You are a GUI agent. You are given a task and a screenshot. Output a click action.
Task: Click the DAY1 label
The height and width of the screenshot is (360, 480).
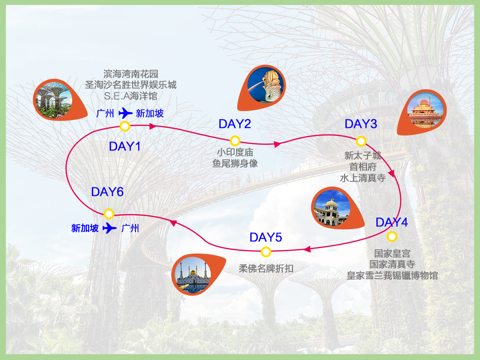(x=125, y=146)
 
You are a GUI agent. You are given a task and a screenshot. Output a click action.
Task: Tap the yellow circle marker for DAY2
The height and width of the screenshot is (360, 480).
(x=235, y=141)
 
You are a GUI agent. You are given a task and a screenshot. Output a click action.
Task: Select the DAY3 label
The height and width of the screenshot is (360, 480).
(x=360, y=124)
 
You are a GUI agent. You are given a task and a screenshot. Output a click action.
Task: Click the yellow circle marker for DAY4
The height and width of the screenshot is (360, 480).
(x=392, y=236)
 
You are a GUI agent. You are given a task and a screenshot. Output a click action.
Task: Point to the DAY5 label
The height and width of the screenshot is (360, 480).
(x=266, y=237)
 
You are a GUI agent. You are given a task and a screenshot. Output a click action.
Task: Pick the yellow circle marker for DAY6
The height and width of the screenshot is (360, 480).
(x=109, y=214)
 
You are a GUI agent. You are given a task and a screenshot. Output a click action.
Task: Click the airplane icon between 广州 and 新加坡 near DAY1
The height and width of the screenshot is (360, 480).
(x=126, y=113)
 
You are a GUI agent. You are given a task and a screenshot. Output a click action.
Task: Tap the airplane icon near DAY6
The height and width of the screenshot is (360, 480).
(x=110, y=228)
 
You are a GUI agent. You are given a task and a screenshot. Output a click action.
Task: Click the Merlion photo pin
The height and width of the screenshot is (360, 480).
(x=262, y=88)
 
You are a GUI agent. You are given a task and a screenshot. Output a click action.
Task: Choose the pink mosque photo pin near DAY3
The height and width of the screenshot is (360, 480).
(x=422, y=112)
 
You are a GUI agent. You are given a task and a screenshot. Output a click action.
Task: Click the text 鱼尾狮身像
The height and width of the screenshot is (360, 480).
(x=235, y=164)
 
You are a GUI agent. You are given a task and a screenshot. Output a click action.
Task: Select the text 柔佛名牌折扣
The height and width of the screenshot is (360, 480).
(x=266, y=269)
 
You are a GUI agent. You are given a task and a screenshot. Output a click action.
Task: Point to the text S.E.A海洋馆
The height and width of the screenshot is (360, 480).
(x=131, y=96)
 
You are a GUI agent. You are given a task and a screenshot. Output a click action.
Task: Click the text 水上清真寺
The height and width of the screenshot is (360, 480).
(x=363, y=178)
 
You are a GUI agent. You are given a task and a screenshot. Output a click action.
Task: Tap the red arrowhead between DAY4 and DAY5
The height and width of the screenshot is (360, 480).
(x=307, y=249)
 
